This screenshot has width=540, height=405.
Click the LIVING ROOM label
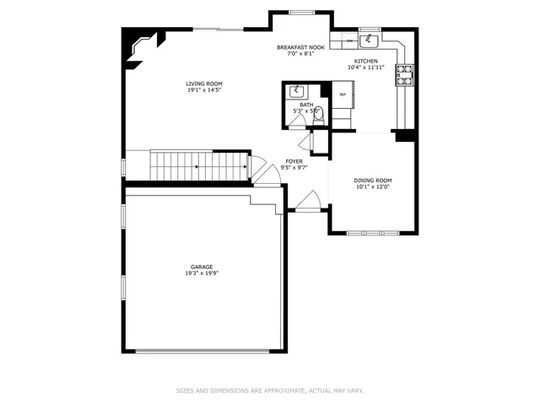pyautogui.click(x=204, y=84)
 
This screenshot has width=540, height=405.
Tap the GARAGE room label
pyautogui.click(x=201, y=267)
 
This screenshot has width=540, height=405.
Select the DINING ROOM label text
pyautogui.click(x=372, y=180)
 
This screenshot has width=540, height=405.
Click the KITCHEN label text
pyautogui.click(x=366, y=62)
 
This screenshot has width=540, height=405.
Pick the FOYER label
pyautogui.click(x=294, y=160)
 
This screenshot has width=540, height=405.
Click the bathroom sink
pyautogui.click(x=297, y=91)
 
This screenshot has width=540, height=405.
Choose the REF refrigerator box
pyautogui.click(x=343, y=94)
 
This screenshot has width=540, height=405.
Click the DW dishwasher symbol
pyautogui.click(x=348, y=40)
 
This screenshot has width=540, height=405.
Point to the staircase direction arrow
pyautogui.click(x=197, y=167)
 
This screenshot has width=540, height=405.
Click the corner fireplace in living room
pyautogui.click(x=141, y=46)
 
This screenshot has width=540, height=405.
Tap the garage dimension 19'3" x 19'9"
pyautogui.click(x=201, y=273)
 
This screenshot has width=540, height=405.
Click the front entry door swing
pyautogui.click(x=307, y=202)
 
